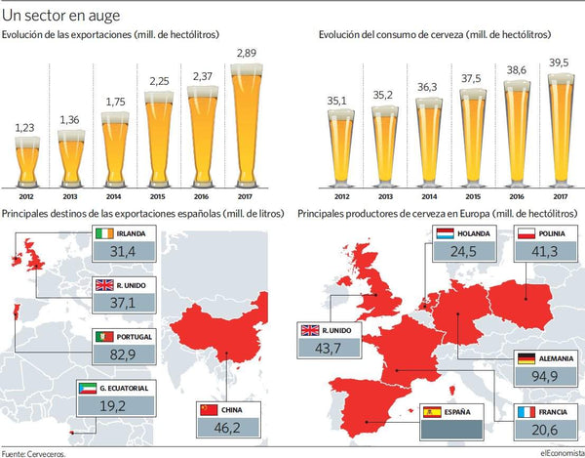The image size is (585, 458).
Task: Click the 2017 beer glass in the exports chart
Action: point(247,126)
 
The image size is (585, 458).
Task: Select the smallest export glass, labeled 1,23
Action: point(27,162)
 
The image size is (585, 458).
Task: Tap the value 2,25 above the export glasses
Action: point(159,81)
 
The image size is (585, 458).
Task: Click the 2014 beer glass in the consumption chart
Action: point(429,143)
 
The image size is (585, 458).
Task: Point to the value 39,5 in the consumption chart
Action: point(559,62)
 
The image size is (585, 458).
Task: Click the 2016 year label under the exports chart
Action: point(201,196)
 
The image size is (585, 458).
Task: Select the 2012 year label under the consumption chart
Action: point(342,196)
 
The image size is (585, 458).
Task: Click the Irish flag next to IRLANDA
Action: point(104,233)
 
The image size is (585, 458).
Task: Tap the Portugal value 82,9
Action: point(123,354)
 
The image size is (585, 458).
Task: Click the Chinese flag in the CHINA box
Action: point(209,410)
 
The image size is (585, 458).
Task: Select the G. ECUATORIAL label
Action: point(124,388)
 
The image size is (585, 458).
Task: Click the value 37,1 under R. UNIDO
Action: point(123,303)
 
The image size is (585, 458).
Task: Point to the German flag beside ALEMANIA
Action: point(526,358)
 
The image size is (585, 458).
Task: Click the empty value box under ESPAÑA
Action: point(451,430)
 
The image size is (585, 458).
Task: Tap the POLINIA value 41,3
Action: point(545,251)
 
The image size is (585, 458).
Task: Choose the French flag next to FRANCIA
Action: point(526,412)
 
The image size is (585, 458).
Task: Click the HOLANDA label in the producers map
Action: point(474,233)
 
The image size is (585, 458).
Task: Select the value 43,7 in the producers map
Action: point(328,349)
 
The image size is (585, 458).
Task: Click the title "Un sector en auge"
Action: point(60,16)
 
